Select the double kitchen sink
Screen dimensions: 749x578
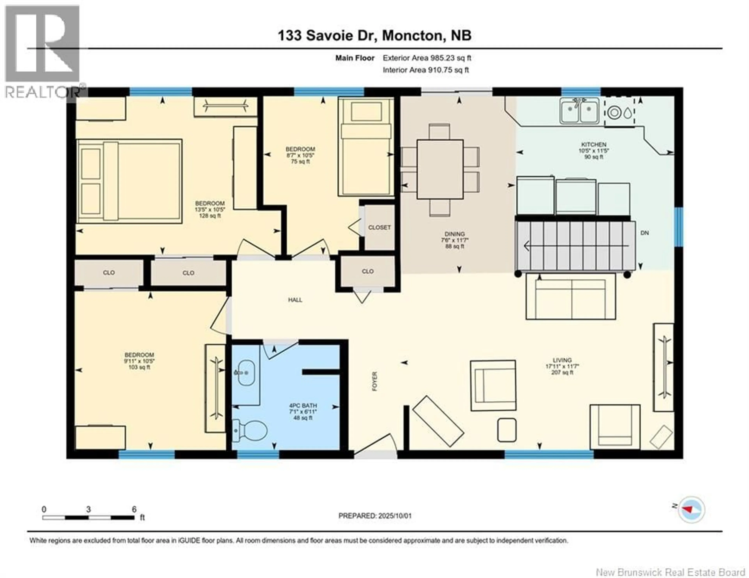[x=579, y=110]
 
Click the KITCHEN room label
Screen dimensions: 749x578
[x=594, y=145]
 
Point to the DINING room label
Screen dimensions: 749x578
[x=455, y=234]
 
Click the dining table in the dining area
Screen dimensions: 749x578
[x=440, y=169]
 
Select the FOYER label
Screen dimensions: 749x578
[x=374, y=381]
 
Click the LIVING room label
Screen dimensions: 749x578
[x=562, y=360]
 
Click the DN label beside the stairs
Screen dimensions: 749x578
[x=645, y=233]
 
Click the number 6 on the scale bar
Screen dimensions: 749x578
[x=134, y=509]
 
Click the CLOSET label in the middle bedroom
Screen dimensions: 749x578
[x=379, y=227]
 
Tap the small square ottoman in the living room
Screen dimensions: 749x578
[x=507, y=430]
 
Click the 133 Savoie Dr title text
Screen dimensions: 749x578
[x=327, y=35]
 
